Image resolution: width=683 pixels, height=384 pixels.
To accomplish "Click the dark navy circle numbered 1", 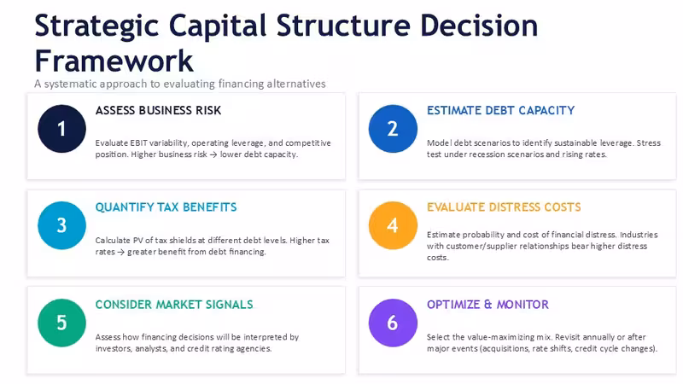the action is click(61, 129).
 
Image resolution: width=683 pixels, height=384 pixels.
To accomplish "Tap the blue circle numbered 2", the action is click(393, 129).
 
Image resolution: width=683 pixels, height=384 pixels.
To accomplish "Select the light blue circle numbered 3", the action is click(61, 225).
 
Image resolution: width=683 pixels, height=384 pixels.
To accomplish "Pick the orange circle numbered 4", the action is click(393, 225).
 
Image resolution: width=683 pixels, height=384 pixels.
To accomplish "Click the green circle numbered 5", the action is click(61, 323).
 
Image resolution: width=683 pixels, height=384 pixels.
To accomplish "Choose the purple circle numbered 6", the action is click(393, 323).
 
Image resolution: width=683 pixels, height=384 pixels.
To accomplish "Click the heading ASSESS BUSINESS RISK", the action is click(158, 111).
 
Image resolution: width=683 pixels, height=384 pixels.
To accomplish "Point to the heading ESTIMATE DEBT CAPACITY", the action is click(500, 111).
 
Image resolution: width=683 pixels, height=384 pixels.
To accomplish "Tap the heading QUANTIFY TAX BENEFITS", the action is click(166, 207).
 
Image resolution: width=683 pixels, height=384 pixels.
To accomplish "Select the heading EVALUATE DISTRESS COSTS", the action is click(504, 207).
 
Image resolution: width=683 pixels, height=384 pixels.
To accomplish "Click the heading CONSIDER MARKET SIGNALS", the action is click(174, 305).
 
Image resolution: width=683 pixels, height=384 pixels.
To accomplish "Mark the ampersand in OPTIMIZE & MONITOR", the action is click(487, 305).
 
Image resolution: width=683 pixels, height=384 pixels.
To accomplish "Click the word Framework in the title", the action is click(114, 61).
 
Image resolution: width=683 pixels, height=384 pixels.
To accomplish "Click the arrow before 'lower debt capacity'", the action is click(213, 154).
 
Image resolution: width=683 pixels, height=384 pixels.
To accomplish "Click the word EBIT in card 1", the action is click(139, 143).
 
